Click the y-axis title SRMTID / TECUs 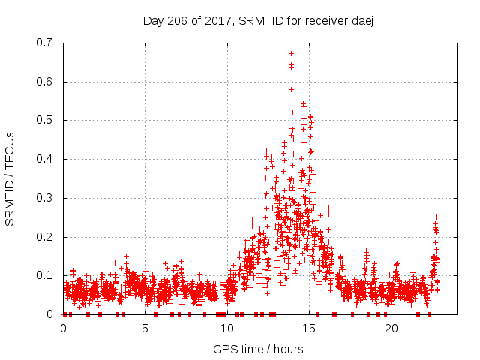[x=10, y=178]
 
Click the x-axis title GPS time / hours [x=258, y=349]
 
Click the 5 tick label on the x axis [x=145, y=328]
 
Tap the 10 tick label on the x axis [x=227, y=328]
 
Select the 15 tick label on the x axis [x=309, y=328]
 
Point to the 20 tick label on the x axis [x=391, y=328]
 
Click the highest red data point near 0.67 [x=291, y=53]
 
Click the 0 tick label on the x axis [x=63, y=328]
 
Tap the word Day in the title [x=154, y=21]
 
